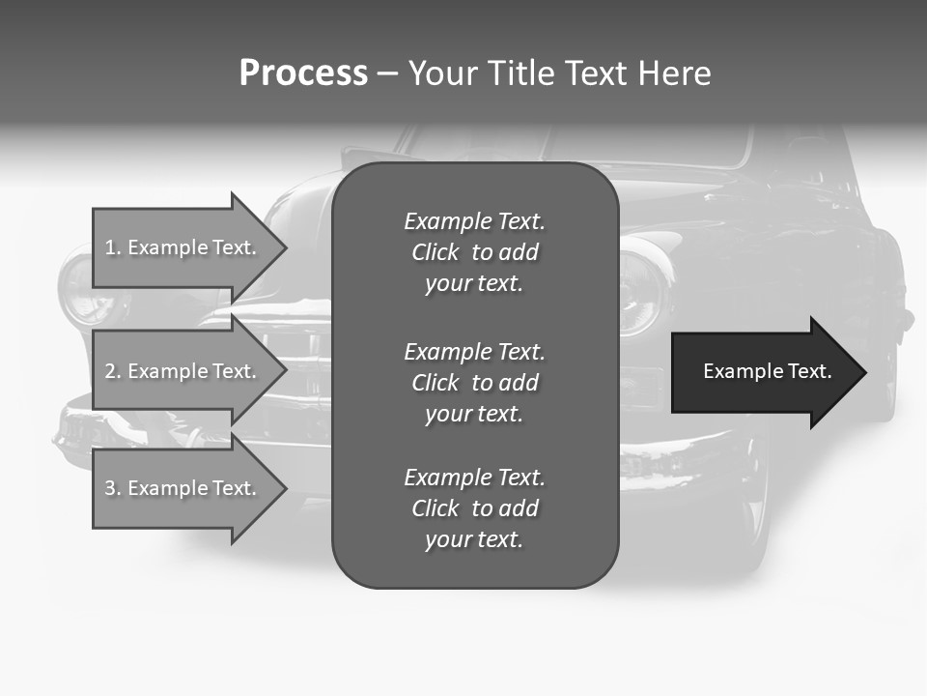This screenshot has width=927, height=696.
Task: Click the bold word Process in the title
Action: click(x=303, y=73)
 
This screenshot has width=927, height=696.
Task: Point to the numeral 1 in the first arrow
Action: click(x=110, y=247)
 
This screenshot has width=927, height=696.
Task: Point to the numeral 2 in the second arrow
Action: click(x=110, y=371)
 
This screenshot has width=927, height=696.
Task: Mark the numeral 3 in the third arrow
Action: click(x=110, y=488)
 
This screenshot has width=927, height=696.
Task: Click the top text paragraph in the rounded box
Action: click(x=474, y=252)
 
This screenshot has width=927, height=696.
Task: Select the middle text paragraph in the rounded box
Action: click(x=474, y=383)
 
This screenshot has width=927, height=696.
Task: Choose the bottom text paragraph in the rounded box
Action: click(x=474, y=508)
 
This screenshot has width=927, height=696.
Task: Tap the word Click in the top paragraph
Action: click(x=435, y=252)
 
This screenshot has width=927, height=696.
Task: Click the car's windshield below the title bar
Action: click(x=579, y=145)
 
